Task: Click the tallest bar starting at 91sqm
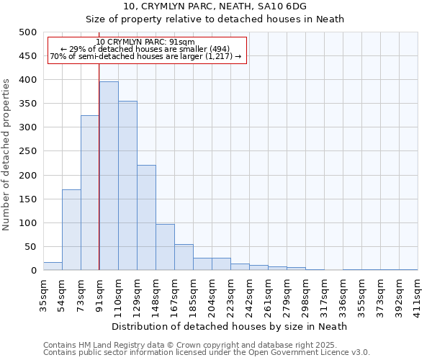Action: coord(109,176)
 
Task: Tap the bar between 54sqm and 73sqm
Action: coord(71,230)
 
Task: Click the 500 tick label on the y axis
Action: coord(28,32)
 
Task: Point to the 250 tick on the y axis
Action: coord(28,152)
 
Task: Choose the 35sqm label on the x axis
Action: coord(44,294)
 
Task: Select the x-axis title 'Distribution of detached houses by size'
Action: coord(230,326)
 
